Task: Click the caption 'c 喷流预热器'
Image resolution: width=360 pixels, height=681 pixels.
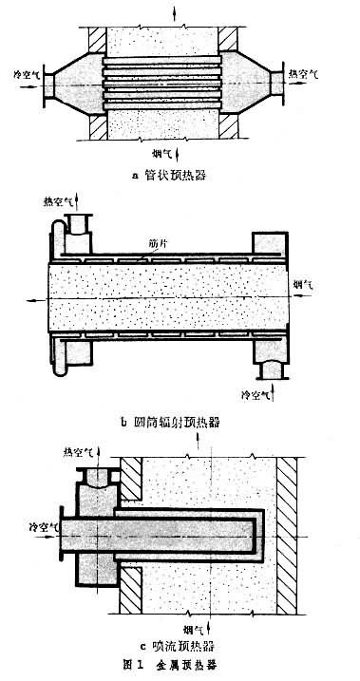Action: [180, 649]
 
